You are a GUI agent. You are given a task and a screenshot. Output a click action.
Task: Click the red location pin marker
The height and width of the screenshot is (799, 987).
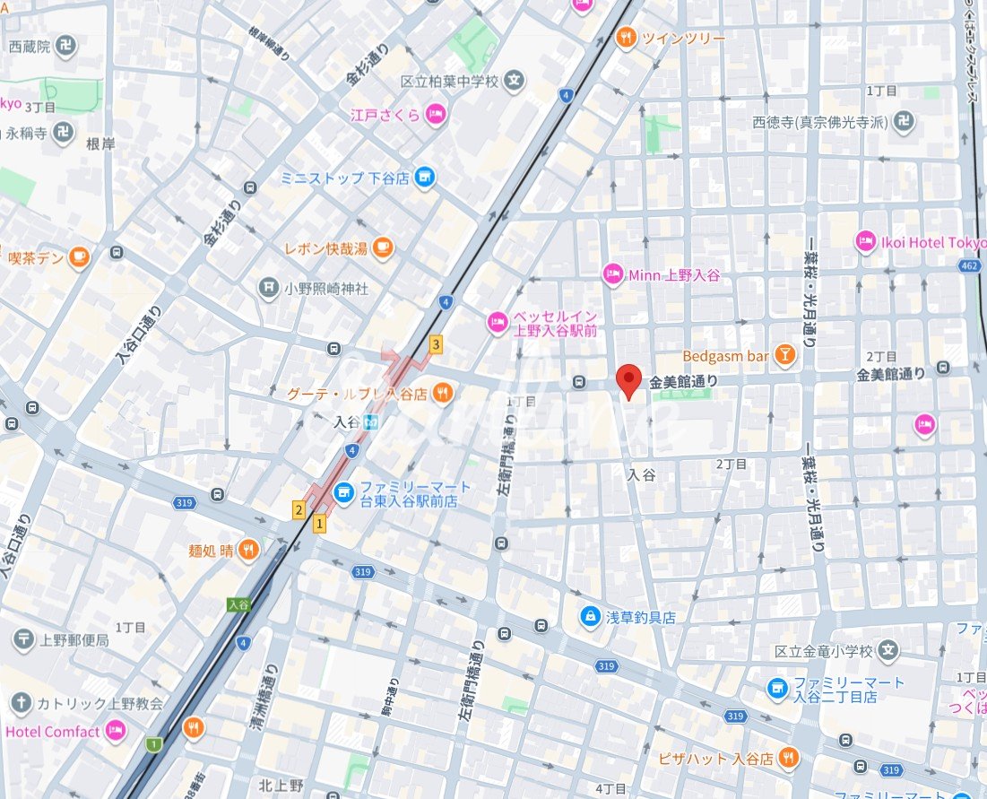pyautogui.click(x=630, y=380)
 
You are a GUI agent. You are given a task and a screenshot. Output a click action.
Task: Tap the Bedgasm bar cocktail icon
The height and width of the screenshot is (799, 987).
pyautogui.click(x=784, y=357)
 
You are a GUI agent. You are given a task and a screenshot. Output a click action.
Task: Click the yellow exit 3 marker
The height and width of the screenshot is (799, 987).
pyautogui.click(x=436, y=343)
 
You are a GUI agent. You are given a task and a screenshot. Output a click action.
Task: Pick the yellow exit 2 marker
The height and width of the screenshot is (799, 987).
pyautogui.click(x=299, y=510)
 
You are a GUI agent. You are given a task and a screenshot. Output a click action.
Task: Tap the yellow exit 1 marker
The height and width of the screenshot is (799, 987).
pyautogui.click(x=318, y=523)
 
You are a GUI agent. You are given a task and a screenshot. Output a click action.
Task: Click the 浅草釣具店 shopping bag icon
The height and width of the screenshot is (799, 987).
pyautogui.click(x=590, y=617)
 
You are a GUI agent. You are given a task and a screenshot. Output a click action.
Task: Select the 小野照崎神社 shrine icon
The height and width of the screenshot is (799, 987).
pyautogui.click(x=268, y=288)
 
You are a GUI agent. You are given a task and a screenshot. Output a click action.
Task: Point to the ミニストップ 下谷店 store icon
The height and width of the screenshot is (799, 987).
pyautogui.click(x=426, y=178)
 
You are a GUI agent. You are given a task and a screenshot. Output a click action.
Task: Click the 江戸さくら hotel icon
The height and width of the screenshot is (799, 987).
pyautogui.click(x=435, y=114)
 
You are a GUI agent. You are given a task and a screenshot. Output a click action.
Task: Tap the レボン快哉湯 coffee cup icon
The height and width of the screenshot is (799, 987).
pyautogui.click(x=383, y=248)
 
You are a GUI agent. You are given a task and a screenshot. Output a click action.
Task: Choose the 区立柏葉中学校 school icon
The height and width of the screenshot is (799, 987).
pyautogui.click(x=514, y=82)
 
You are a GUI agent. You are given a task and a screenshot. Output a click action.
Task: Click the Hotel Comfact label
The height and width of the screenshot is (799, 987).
pyautogui.click(x=53, y=732)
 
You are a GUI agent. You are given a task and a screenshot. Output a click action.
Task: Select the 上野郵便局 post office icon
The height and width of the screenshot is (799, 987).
pyautogui.click(x=23, y=639)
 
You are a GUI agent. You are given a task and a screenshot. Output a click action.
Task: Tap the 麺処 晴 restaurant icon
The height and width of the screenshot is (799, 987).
pyautogui.click(x=250, y=550)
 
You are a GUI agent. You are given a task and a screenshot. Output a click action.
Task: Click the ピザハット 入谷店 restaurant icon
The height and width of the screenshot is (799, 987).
pyautogui.click(x=787, y=758)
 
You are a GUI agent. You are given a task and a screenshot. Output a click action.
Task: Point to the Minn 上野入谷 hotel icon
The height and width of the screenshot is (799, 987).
pyautogui.click(x=612, y=274)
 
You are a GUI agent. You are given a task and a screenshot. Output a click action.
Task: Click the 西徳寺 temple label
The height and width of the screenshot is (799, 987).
pyautogui.click(x=819, y=122)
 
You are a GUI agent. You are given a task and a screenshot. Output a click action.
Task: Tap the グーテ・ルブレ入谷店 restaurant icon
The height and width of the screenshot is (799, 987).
pyautogui.click(x=442, y=393)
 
